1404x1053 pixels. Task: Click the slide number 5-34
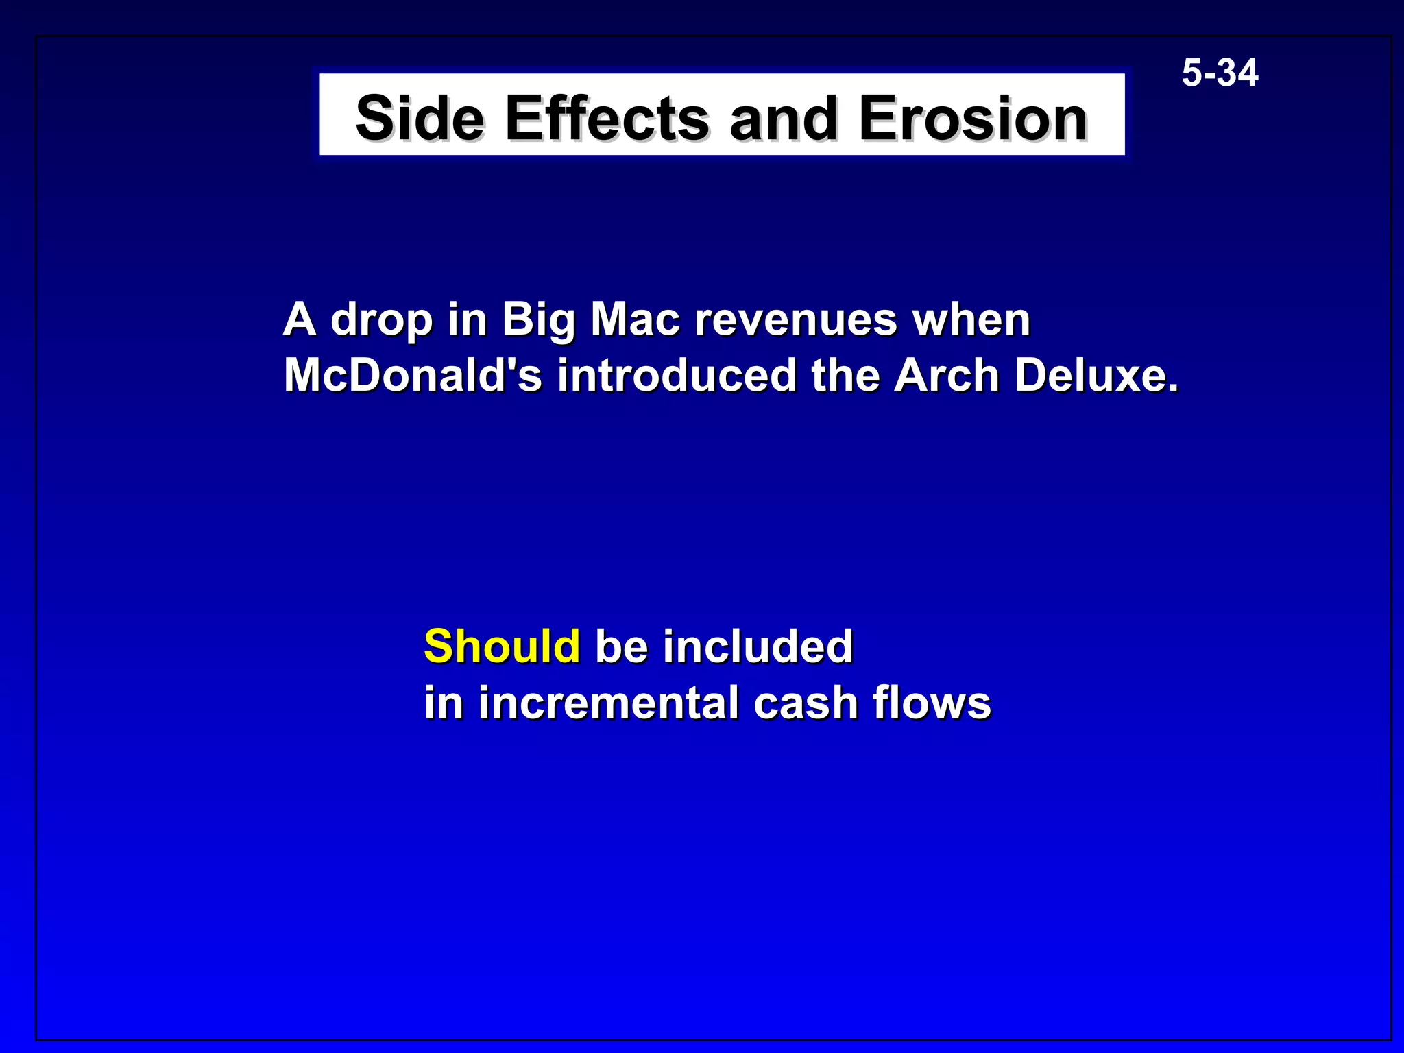pos(1220,73)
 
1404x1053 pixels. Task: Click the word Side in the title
pos(420,118)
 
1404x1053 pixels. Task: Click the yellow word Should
pos(502,646)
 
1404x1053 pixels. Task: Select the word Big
pos(538,320)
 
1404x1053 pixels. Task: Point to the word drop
pos(381,320)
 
